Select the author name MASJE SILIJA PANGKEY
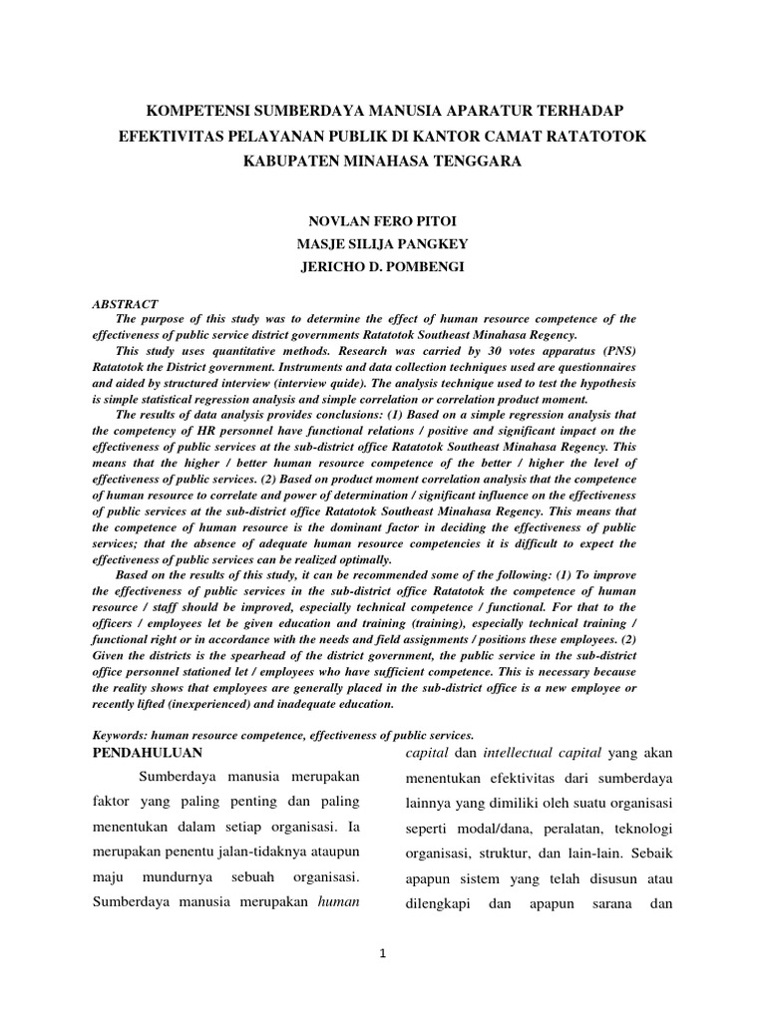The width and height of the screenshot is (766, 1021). coord(383,244)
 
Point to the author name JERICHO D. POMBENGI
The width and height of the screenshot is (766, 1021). coord(383,267)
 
